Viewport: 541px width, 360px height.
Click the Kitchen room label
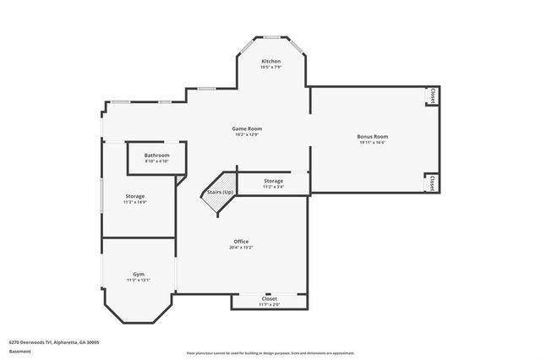[270, 62]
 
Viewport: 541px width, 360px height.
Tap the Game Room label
[247, 128]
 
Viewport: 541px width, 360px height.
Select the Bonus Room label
[373, 136]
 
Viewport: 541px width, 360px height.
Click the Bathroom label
[156, 155]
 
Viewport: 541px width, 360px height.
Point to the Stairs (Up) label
[220, 193]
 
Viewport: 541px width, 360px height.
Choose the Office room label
[241, 242]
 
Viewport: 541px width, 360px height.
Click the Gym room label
[138, 275]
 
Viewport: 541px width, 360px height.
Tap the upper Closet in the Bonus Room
[433, 95]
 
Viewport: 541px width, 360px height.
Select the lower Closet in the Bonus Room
[432, 183]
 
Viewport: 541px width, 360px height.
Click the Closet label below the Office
[270, 298]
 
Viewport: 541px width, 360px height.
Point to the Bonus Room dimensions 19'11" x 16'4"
[373, 143]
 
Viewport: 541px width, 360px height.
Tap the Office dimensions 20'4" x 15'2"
[241, 248]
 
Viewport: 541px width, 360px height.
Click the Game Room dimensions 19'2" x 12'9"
[247, 135]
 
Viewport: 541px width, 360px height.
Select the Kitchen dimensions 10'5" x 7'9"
[270, 68]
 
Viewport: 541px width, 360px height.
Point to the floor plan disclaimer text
[270, 352]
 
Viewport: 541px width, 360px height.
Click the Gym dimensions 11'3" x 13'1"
[138, 281]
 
